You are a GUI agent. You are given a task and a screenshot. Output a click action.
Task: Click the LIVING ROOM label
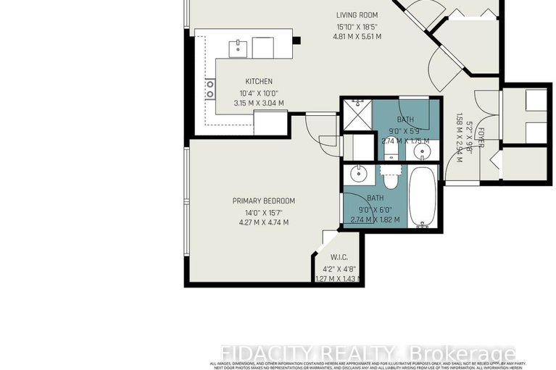(x=358, y=14)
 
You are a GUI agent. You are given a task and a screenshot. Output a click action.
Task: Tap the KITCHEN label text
(x=259, y=81)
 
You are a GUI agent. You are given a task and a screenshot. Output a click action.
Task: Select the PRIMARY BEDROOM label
(x=263, y=201)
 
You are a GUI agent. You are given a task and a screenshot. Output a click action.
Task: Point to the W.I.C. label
(x=339, y=256)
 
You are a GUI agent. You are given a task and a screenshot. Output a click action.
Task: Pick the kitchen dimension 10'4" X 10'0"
(x=259, y=93)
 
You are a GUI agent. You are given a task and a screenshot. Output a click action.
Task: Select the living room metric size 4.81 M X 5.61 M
(x=358, y=36)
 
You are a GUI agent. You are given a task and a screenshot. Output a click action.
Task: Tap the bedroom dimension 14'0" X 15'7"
(x=263, y=212)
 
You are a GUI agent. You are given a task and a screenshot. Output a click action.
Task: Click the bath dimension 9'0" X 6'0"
(x=375, y=208)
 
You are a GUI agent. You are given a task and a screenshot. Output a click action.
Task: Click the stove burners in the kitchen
(x=210, y=90)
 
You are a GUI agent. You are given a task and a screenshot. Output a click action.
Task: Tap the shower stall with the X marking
(x=356, y=114)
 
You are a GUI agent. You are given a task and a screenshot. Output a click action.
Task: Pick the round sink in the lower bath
(x=358, y=174)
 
